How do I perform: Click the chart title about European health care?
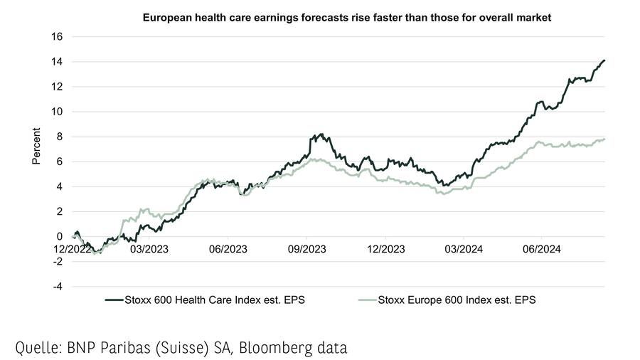coord(347,16)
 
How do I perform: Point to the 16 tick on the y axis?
coord(58,37)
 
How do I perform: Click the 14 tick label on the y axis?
coord(58,62)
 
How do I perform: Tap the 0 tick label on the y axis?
coord(60,236)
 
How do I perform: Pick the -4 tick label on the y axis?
coord(58,287)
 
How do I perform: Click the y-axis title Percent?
coord(37,147)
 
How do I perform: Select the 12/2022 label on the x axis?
coord(71,250)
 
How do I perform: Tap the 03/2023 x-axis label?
coord(149,250)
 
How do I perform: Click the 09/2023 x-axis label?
coord(306,250)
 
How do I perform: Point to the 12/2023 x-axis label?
coord(385,250)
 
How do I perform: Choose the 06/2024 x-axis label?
coord(542,250)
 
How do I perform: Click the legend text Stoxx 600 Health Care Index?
coord(212,300)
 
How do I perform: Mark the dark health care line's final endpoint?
coord(604,60)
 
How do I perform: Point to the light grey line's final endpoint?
coord(604,139)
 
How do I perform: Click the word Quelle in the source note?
coord(39,348)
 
